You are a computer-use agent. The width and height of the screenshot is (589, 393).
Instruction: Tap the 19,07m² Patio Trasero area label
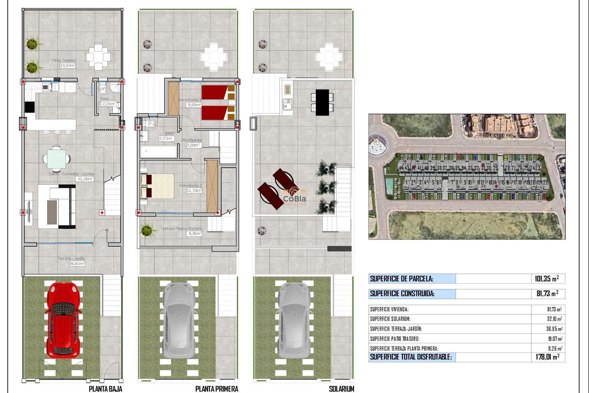[67, 65]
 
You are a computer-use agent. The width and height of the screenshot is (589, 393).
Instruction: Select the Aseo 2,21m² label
[109, 104]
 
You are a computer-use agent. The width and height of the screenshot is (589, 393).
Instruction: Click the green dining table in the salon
[56, 159]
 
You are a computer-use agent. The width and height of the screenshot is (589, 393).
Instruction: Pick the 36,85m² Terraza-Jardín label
[77, 263]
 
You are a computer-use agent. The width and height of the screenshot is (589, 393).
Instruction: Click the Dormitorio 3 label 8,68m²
[194, 105]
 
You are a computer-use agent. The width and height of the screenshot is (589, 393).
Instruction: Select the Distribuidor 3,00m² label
[194, 145]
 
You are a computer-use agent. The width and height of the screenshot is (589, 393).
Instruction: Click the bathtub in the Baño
[158, 151]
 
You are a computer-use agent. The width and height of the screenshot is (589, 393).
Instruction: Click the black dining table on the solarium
[322, 102]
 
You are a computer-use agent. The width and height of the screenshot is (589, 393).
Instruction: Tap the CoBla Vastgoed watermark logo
[294, 196]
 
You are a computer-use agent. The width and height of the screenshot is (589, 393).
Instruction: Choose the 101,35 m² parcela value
[547, 279]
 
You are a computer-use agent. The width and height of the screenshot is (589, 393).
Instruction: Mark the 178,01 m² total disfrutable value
[548, 357]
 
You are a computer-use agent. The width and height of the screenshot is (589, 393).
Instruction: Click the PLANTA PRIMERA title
[217, 389]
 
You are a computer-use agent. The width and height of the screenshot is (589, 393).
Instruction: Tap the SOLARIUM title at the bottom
[341, 389]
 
